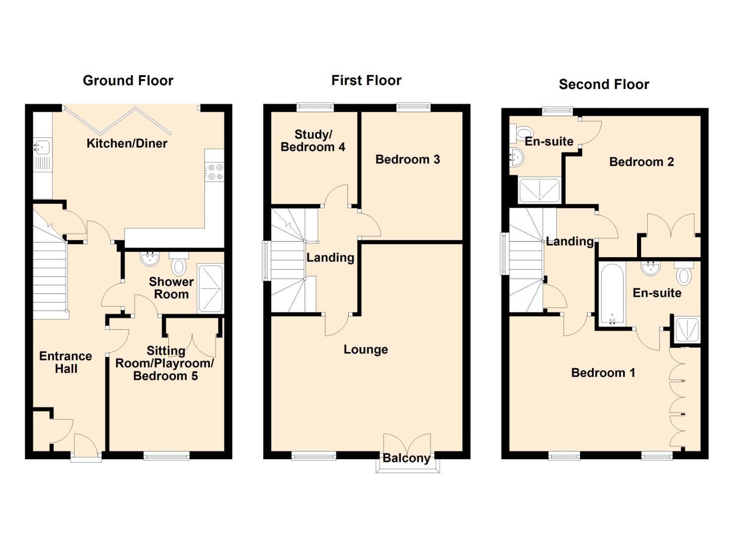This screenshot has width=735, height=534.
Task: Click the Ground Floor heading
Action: click(128, 81)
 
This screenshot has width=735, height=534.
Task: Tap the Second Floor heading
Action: click(604, 85)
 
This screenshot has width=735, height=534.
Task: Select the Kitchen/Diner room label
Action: click(127, 143)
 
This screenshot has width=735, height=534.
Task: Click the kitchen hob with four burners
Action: click(215, 172)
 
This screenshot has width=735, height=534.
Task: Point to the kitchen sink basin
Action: click(43, 146)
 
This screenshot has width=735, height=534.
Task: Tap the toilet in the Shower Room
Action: click(179, 263)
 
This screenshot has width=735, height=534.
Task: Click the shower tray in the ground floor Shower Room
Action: click(210, 288)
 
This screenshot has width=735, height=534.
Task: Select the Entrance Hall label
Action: click(66, 362)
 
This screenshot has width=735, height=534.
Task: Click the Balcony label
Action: click(406, 458)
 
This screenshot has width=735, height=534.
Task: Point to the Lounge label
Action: click(366, 350)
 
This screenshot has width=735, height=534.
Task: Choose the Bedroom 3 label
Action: click(408, 159)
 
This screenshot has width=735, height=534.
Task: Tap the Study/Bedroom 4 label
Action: click(313, 140)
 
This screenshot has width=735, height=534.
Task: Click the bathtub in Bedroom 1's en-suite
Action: click(612, 295)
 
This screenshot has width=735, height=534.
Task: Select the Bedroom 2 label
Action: click(641, 162)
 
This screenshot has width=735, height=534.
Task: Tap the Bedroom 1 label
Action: click(603, 373)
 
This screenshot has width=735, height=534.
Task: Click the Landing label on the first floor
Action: click(331, 258)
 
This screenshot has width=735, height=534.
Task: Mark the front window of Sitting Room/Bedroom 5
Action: click(167, 455)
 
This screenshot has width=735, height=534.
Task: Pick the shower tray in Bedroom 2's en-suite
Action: click(539, 190)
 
